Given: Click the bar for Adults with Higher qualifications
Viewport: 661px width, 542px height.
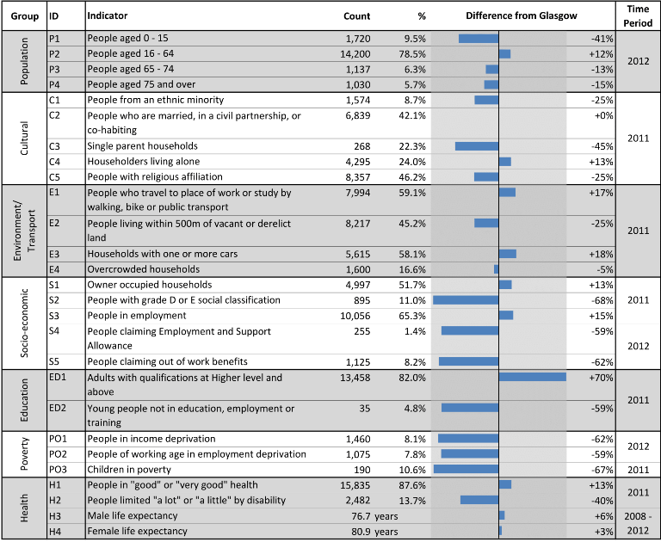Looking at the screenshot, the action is click(533, 377).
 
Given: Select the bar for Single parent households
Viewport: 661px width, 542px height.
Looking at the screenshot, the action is click(477, 146).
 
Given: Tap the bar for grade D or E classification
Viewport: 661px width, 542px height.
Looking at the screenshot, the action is click(466, 300).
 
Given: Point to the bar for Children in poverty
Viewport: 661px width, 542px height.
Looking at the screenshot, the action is click(466, 469).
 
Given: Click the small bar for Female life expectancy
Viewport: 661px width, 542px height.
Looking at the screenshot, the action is click(500, 531).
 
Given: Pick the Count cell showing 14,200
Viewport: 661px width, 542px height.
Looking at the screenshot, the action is click(355, 54).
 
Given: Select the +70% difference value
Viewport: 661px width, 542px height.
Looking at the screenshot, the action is click(601, 378).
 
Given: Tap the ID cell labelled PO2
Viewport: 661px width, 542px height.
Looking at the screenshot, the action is click(59, 454).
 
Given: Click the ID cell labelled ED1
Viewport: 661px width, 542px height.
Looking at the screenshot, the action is click(58, 377).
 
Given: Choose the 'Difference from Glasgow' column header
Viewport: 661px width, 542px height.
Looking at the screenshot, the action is click(522, 16).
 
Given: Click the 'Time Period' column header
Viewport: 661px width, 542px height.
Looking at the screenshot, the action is click(638, 16).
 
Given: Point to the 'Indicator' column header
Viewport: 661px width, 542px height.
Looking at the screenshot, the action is click(107, 15).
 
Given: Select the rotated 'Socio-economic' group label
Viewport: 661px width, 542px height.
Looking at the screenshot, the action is click(24, 323).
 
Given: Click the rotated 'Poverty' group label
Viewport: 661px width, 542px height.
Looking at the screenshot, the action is click(24, 453).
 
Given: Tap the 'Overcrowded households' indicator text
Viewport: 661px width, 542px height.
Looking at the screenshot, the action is click(144, 269).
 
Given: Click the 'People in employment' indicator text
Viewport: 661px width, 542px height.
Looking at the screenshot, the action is click(137, 316).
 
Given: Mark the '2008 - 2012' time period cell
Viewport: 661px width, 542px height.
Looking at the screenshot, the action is click(638, 523).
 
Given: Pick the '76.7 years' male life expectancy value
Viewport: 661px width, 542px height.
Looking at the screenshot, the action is click(374, 516).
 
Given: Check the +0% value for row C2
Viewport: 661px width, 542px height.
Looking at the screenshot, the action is click(603, 115).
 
